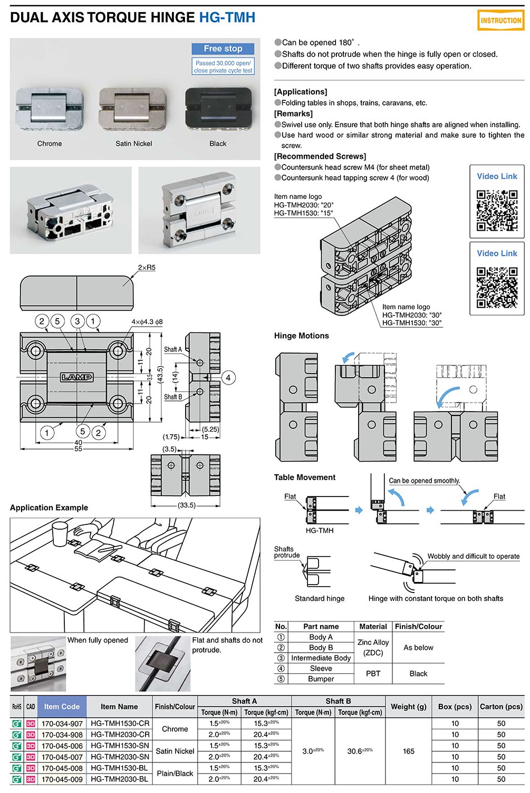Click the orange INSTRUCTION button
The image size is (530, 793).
500,21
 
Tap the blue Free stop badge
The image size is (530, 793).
223,49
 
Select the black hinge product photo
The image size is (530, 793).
217,109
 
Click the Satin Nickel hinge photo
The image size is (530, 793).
133,109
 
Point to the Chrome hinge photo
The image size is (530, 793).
50,109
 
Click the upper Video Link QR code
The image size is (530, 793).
497,210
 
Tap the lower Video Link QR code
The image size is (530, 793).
497,287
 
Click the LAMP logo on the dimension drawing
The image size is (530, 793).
77,377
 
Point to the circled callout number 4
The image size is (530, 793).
228,378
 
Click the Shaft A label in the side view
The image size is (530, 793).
172,349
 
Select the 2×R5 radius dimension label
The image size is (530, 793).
147,267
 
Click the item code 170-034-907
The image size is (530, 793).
62,724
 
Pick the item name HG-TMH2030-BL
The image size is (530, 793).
120,779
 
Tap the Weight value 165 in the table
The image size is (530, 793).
409,751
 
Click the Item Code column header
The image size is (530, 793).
62,706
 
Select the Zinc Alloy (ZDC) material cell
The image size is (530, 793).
373,647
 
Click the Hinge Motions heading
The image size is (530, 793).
301,336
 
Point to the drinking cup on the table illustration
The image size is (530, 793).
60,534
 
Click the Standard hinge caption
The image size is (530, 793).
320,598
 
